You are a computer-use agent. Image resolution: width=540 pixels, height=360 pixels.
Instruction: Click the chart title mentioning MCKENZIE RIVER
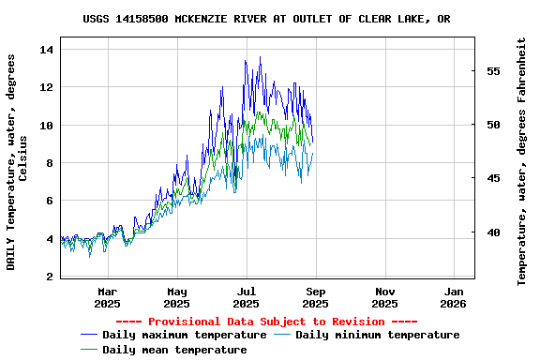pos(266,19)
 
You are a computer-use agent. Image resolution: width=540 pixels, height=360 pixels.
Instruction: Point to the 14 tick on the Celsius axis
pos(49,50)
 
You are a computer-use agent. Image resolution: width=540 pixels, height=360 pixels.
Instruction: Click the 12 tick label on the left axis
pos(49,87)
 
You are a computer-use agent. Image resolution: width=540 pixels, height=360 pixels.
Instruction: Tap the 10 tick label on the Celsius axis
pos(49,126)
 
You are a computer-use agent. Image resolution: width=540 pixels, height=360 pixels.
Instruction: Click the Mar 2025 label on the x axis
pos(108,297)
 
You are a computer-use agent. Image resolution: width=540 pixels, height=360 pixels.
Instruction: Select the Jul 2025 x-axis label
pos(246,297)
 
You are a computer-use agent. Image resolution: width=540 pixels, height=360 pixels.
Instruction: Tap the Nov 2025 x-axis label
pos(384,297)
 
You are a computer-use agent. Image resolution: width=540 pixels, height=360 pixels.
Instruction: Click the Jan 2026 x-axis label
pos(454,297)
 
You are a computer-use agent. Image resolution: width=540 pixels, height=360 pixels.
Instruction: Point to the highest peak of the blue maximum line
pos(261,57)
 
